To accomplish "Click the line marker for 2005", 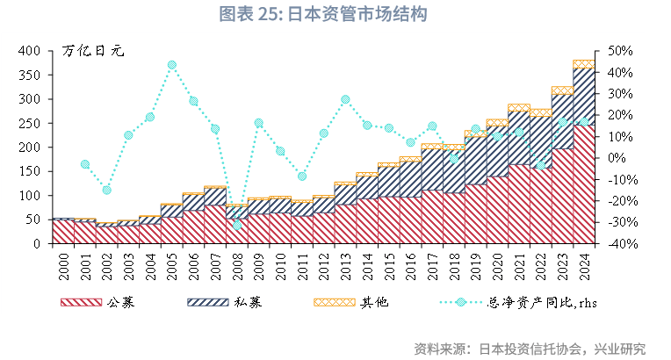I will tap(172, 65).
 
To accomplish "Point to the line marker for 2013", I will tap(345, 99).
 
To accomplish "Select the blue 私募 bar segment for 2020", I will tap(497, 151).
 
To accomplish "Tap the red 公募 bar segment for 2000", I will tap(63, 232).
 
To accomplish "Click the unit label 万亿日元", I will tap(94, 51).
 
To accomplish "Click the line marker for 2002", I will tap(107, 190).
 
